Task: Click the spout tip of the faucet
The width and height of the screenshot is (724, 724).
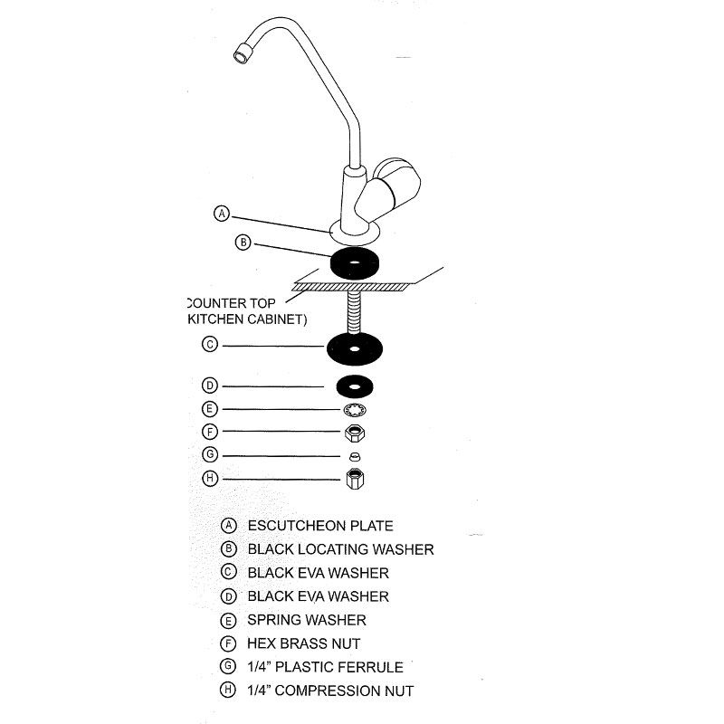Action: coord(242,54)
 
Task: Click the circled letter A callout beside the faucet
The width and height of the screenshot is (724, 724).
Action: coord(221,214)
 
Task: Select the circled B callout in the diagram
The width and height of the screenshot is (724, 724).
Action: coord(243,242)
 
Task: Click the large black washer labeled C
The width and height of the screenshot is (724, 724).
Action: coord(355,348)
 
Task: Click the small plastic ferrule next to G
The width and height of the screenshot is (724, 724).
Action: coord(355,455)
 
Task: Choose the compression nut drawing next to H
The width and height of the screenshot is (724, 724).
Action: coord(355,479)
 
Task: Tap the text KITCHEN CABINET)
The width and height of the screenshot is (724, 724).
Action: coord(245,319)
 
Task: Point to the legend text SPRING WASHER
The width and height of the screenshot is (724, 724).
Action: coord(307,620)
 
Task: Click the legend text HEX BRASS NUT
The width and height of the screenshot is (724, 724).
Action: coord(304,643)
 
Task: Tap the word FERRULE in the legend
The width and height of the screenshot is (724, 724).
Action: coord(371,667)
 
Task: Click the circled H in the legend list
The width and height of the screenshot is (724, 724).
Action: coord(229,691)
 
